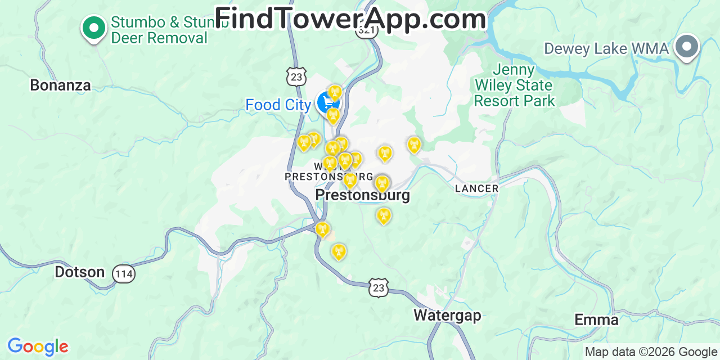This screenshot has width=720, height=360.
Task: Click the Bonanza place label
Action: coord(60,85)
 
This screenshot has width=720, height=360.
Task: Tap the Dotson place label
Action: coord(79,272)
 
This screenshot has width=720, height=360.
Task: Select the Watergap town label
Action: coord(447,315)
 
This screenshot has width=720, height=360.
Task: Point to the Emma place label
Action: coord(596,320)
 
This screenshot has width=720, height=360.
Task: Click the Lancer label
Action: coord(476,188)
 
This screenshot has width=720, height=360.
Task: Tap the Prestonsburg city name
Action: coord(362,195)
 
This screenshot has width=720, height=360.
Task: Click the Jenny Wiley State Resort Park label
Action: coord(514,85)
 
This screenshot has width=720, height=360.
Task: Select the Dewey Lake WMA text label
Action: coord(606,49)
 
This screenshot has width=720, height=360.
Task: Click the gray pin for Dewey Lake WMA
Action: coord(687,46)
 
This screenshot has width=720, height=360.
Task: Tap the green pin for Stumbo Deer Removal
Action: coord(93,27)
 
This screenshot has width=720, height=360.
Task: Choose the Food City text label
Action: coord(278,105)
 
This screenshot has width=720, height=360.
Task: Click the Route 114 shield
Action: coord(123,274)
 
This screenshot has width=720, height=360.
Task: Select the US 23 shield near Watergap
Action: coord(379,287)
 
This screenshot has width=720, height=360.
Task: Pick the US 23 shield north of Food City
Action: coord(296,76)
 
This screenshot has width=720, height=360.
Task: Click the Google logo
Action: coord(37,346)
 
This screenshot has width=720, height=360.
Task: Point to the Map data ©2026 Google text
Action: coord(651,352)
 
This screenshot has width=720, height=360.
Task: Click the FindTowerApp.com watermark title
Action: coord(350,19)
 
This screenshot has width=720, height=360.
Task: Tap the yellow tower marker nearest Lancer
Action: coord(414,145)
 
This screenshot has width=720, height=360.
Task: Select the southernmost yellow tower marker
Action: coord(339,251)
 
